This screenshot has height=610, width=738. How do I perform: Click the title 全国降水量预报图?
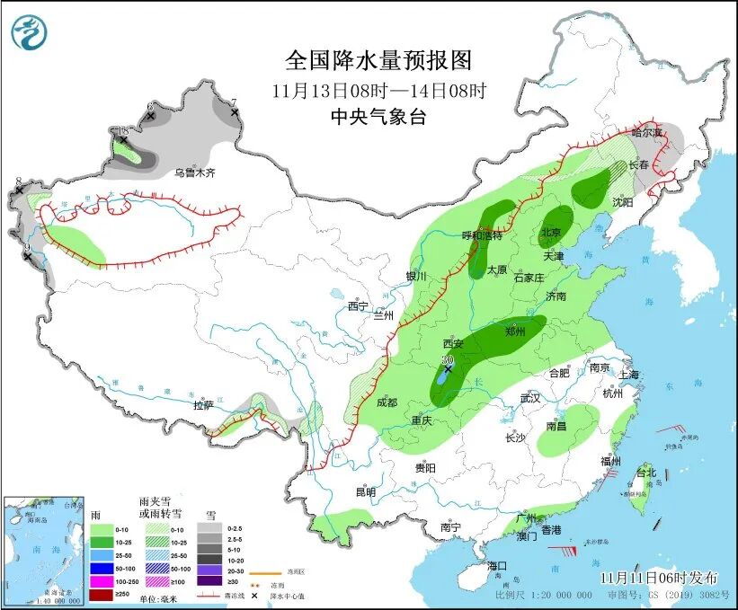(x=378, y=60)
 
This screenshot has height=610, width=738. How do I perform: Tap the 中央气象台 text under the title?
(x=378, y=116)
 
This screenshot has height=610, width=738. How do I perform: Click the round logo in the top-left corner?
(x=30, y=32)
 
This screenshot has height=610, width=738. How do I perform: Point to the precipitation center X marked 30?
(x=448, y=368)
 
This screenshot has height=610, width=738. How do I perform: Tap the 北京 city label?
(x=550, y=233)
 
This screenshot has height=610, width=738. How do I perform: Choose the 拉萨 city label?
(x=204, y=405)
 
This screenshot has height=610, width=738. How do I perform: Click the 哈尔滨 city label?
(x=645, y=132)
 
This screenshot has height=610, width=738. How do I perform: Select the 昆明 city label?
(x=365, y=491)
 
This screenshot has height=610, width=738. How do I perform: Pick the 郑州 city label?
(x=515, y=332)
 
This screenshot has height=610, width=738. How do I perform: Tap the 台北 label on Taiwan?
(x=646, y=473)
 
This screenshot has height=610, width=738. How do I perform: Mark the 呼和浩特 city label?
(x=482, y=235)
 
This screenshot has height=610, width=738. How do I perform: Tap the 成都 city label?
(x=387, y=403)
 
